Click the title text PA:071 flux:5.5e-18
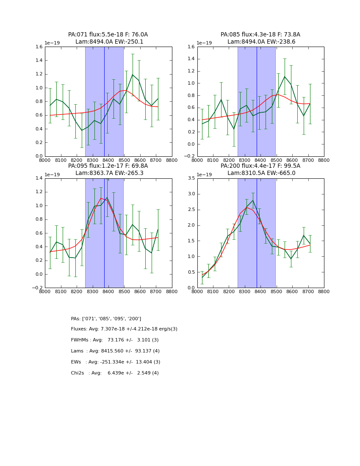click(x=93, y=35)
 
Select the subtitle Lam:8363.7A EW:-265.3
click(x=109, y=173)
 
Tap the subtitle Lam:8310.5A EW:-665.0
click(x=261, y=173)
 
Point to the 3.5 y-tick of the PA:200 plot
click(x=190, y=178)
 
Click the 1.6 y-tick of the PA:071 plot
click(x=38, y=47)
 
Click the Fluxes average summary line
click(x=124, y=329)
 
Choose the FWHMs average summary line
click(x=115, y=340)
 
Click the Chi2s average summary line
click(x=115, y=373)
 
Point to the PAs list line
click(x=106, y=319)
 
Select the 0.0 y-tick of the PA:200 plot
click(x=190, y=288)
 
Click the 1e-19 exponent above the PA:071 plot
click(x=53, y=43)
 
